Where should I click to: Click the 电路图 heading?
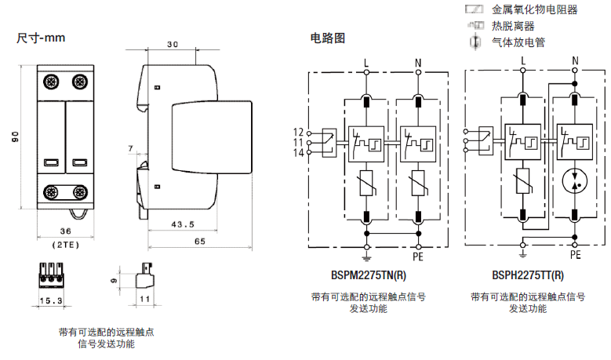point(327,38)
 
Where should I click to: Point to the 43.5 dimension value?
point(183,225)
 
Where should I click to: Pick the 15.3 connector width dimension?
point(52,301)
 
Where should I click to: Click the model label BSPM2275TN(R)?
point(369,275)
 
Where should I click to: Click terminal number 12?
point(298,131)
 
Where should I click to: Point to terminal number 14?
point(298,152)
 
